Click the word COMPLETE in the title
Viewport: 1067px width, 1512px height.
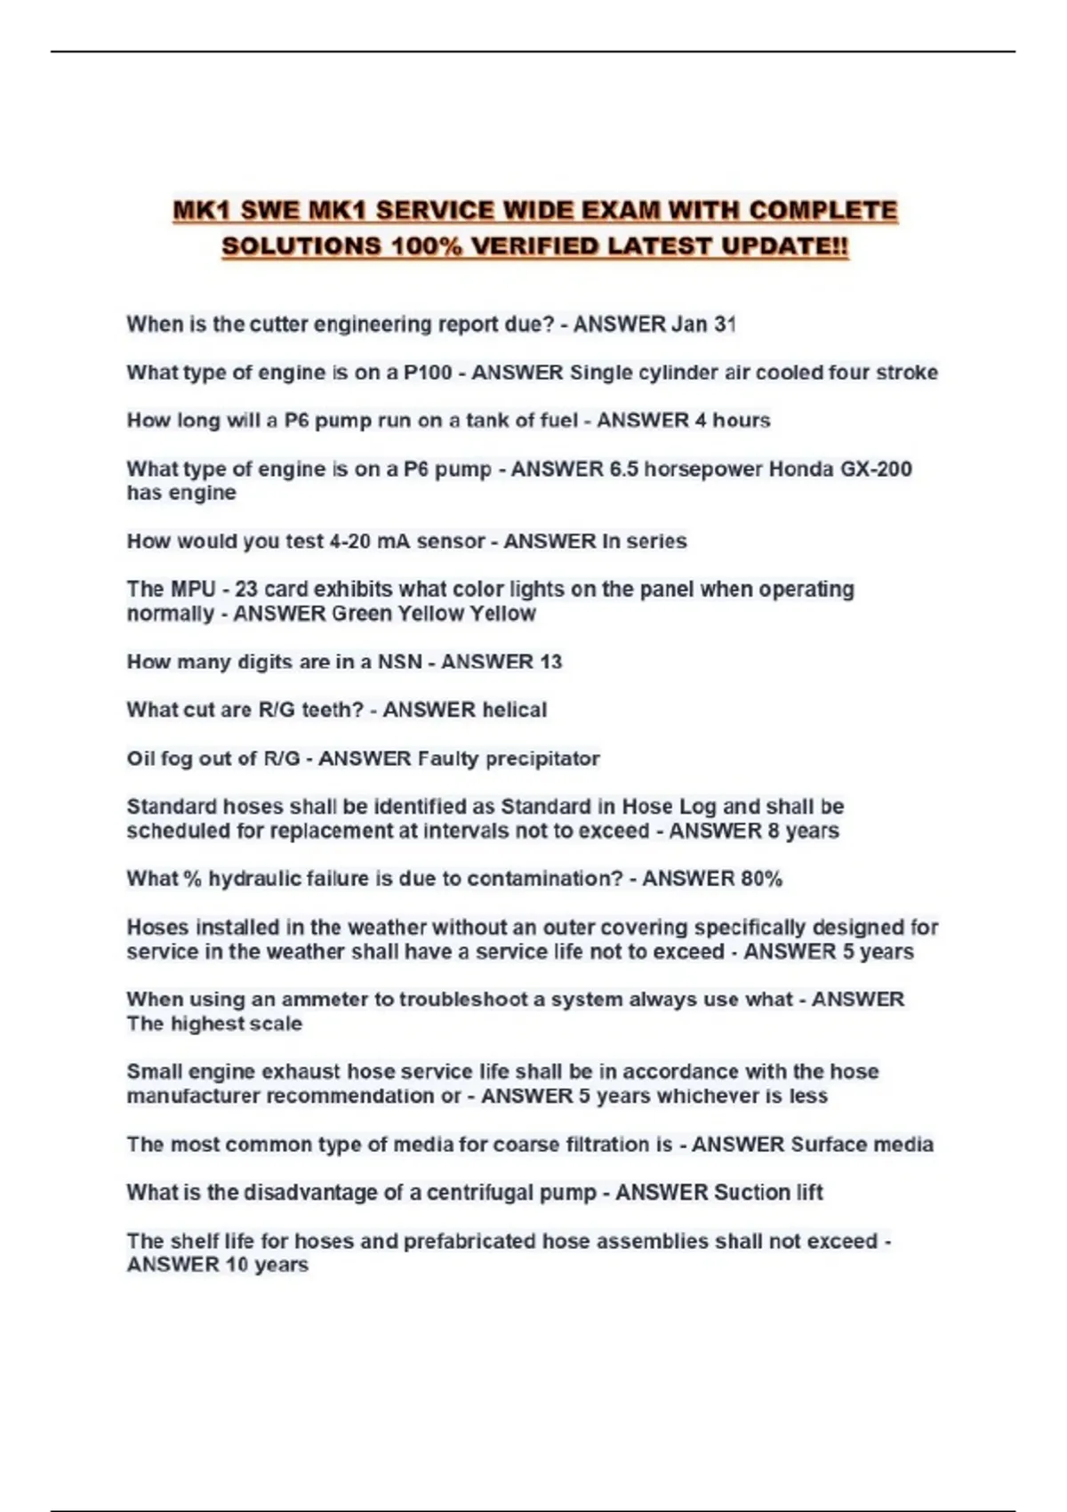(x=822, y=211)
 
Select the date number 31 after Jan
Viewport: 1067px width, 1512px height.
(x=725, y=324)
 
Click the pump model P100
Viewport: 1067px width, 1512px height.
(x=428, y=372)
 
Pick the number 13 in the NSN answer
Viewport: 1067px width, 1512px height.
(x=550, y=662)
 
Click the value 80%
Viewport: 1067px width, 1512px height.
(x=761, y=879)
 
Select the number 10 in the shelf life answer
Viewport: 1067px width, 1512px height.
(x=236, y=1265)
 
